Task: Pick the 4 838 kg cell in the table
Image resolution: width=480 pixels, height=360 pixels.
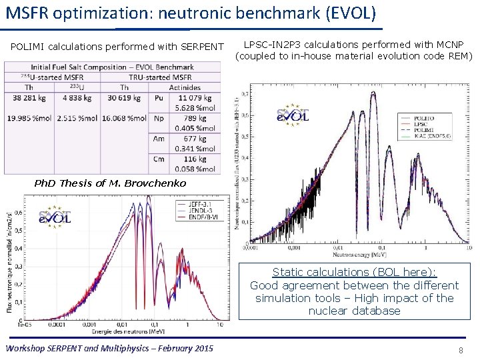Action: pyautogui.click(x=80, y=97)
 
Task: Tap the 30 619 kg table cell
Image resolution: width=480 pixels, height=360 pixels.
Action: pyautogui.click(x=124, y=97)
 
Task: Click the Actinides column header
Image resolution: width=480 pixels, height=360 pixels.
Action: pyautogui.click(x=185, y=87)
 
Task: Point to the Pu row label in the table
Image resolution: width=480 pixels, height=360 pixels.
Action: pyautogui.click(x=159, y=97)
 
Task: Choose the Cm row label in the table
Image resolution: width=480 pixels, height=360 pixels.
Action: pyautogui.click(x=159, y=159)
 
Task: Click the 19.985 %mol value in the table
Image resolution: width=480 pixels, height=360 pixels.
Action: pyautogui.click(x=31, y=118)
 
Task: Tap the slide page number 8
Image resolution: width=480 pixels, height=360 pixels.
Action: pyautogui.click(x=461, y=350)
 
